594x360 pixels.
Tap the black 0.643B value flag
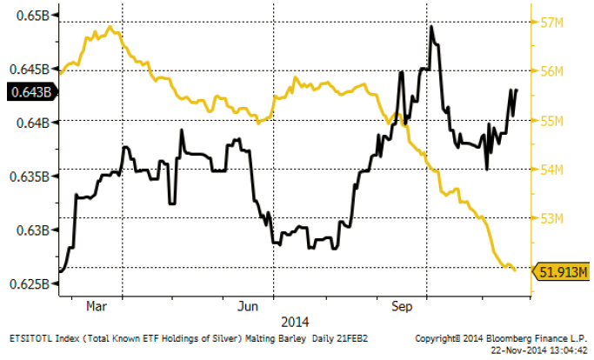pyautogui.click(x=26, y=90)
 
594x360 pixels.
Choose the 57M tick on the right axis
pyautogui.click(x=553, y=23)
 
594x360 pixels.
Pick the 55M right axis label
pyautogui.click(x=553, y=120)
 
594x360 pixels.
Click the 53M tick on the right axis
pyautogui.click(x=553, y=217)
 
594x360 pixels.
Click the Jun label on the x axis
pyautogui.click(x=250, y=307)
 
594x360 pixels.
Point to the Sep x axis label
pyautogui.click(x=401, y=307)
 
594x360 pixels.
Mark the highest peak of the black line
pyautogui.click(x=432, y=27)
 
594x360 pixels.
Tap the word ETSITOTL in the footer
pyautogui.click(x=32, y=336)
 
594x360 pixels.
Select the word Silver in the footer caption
pyautogui.click(x=227, y=336)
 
